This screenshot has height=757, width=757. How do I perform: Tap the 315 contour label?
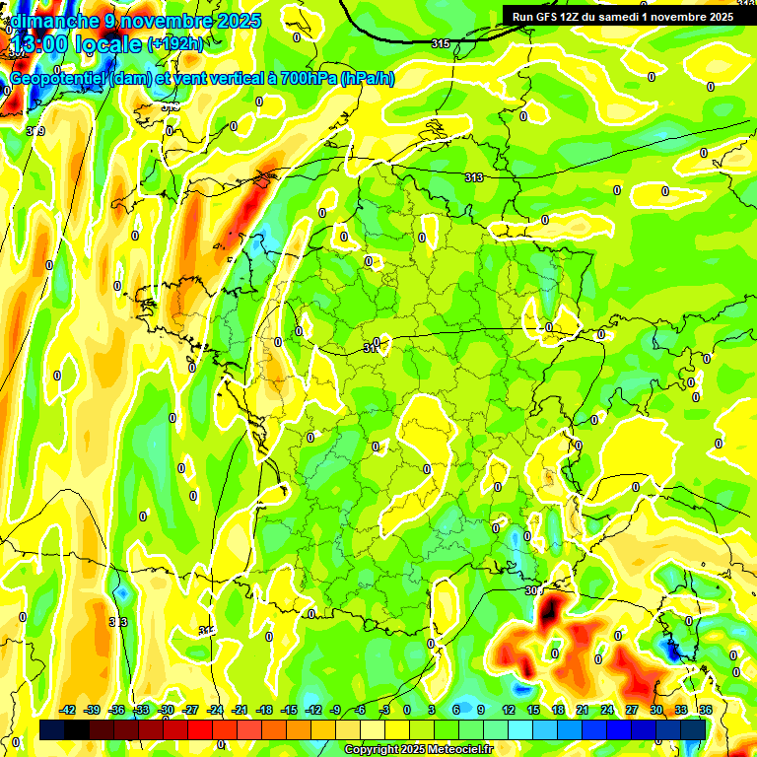pos(441,43)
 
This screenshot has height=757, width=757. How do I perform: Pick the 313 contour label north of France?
pos(473,176)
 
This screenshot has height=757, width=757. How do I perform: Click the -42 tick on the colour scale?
pos(68,710)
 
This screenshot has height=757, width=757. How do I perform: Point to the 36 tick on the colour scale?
pos(706,710)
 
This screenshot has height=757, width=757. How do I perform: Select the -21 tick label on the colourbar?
pos(239,710)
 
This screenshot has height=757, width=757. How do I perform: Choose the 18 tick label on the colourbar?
pos(558,710)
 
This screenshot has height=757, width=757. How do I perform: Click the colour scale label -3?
pos(385,710)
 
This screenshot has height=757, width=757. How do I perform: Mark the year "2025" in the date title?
pos(240,20)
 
